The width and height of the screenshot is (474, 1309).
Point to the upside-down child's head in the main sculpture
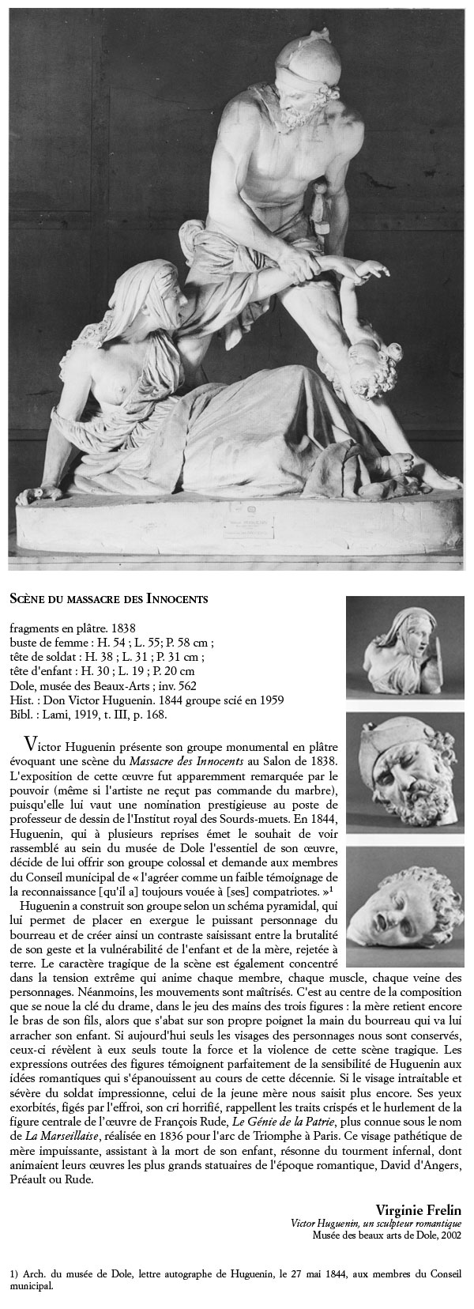pos(363,363)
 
